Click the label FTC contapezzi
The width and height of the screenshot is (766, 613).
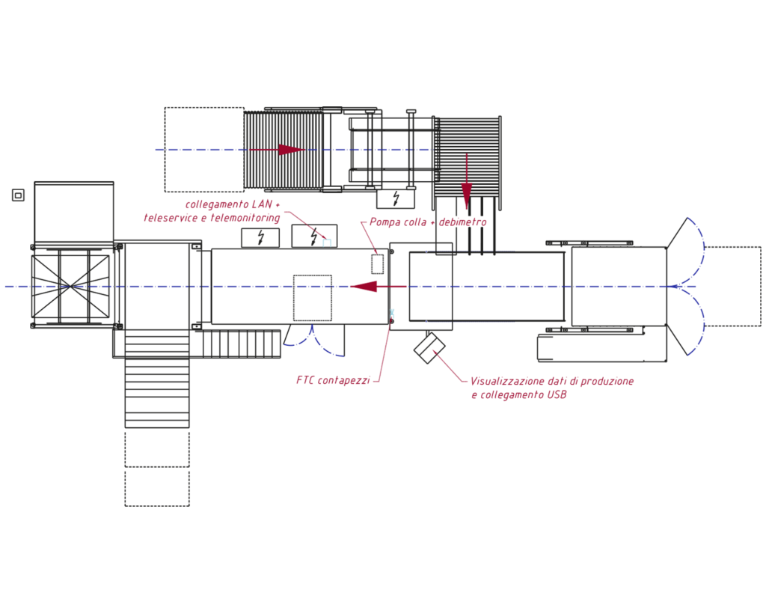[x=332, y=381]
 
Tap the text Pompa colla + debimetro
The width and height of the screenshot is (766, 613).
[x=428, y=222]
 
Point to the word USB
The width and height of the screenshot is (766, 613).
[x=556, y=395]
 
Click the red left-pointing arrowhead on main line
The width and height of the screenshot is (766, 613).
[x=364, y=287]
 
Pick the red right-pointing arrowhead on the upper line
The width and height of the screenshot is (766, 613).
[x=290, y=150]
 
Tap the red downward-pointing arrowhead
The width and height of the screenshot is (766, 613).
[x=467, y=197]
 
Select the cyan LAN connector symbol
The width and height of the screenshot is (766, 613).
[x=327, y=243]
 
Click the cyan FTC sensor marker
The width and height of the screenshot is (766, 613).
[x=392, y=312]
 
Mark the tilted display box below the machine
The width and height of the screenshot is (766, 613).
[x=429, y=348]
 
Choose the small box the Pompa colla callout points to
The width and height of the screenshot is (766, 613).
[x=377, y=264]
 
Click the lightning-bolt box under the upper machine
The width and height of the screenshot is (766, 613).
[x=396, y=198]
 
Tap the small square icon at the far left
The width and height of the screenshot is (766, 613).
[x=18, y=195]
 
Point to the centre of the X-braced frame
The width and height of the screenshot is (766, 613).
[x=70, y=286]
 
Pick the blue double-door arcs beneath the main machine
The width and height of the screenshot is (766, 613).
[x=313, y=341]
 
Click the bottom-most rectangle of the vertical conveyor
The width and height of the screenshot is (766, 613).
[x=157, y=488]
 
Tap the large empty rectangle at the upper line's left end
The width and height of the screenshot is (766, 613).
[x=204, y=149]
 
